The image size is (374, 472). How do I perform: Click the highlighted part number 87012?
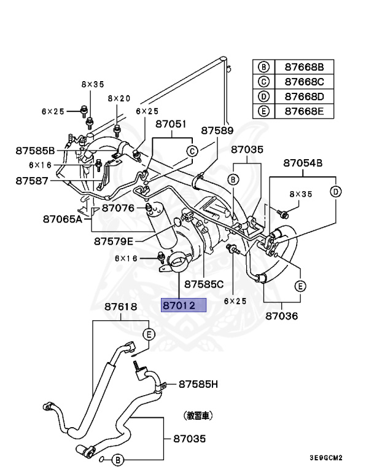[x=184, y=305]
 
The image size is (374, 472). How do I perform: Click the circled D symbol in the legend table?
[x=264, y=96]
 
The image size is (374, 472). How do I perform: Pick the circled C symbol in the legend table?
[x=264, y=82]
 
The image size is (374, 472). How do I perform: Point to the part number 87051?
[x=170, y=124]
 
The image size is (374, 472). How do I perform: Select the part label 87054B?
[x=303, y=163]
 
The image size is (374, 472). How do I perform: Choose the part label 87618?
[x=120, y=306]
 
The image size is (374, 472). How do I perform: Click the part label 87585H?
[x=198, y=385]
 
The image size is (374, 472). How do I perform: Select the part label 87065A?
[x=63, y=218]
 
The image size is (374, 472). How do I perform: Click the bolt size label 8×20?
[x=119, y=98]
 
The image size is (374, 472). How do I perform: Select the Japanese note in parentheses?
[x=198, y=416]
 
